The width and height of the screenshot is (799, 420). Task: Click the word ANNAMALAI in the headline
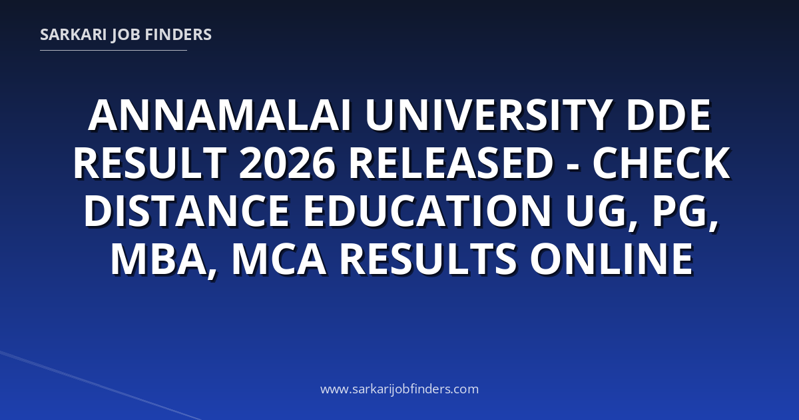[x=220, y=115]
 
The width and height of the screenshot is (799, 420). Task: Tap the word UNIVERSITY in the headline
[x=487, y=115]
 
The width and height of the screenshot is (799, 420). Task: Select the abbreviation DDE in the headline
[x=668, y=115]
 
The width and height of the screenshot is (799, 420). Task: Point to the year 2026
[x=288, y=163]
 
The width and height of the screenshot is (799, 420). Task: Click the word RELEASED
[x=451, y=163]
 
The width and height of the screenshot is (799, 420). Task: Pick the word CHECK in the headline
[x=661, y=163]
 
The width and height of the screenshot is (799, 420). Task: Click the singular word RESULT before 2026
[x=150, y=163]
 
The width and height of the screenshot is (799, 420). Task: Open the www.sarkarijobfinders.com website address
[x=400, y=389]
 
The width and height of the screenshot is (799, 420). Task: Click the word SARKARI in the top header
[x=73, y=35]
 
